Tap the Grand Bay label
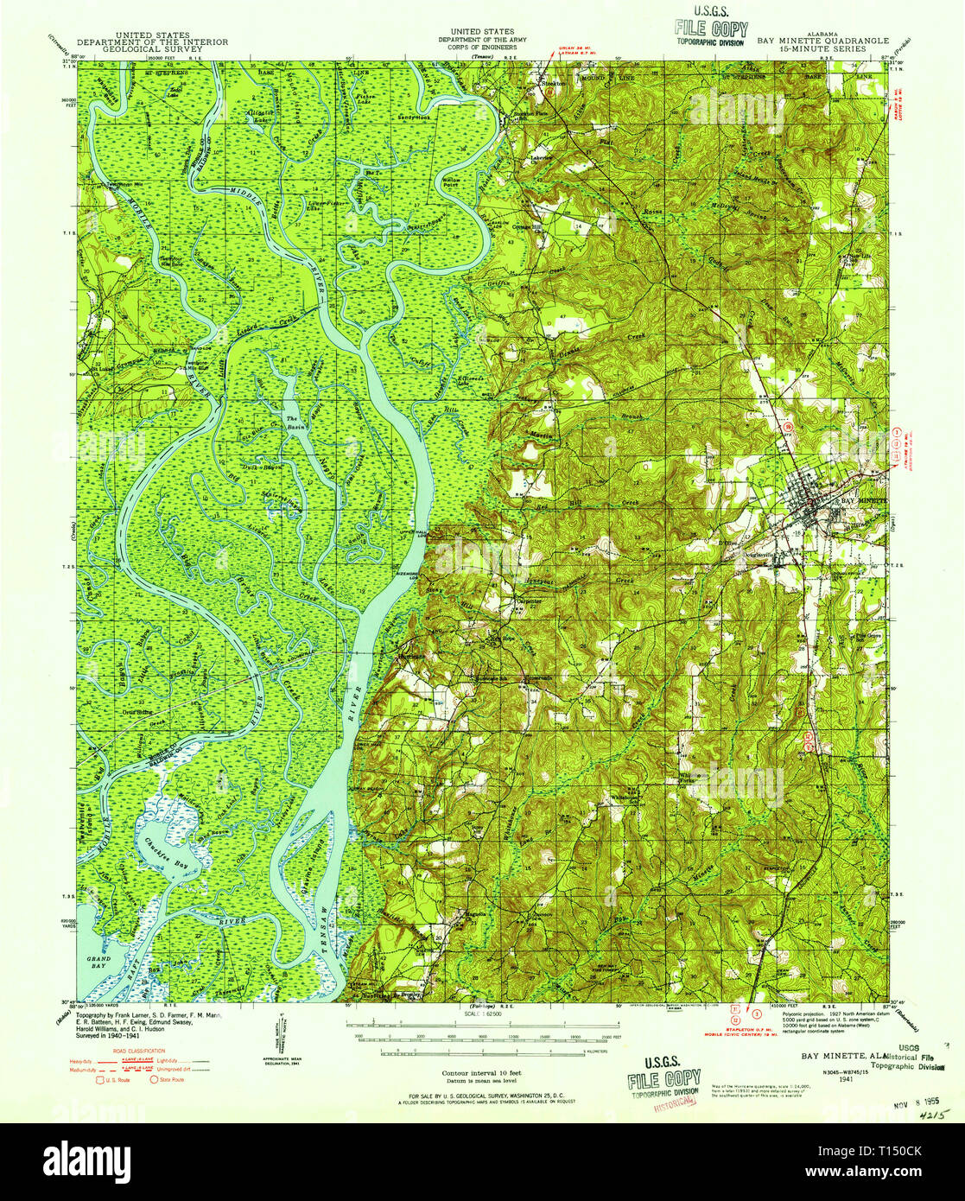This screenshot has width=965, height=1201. pos(90,960)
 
